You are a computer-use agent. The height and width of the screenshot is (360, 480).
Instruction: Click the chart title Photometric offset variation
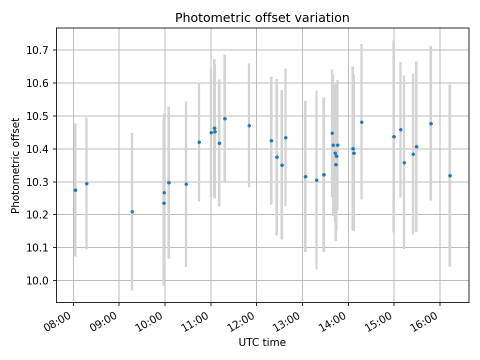pos(262,18)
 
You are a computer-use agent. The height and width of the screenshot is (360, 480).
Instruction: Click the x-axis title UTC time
pos(262,342)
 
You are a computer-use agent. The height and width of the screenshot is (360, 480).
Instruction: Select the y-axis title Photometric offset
pos(15,165)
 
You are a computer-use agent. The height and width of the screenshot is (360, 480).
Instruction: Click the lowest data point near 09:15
pos(132,211)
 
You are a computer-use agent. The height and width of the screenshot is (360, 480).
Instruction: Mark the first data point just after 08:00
pos(75,190)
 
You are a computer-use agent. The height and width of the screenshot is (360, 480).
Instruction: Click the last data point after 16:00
pos(450,175)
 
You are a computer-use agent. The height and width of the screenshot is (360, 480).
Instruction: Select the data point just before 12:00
pos(249,125)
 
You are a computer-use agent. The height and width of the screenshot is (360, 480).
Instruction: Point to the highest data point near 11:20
pos(224,118)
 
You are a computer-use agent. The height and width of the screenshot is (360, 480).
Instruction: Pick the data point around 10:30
pos(186,184)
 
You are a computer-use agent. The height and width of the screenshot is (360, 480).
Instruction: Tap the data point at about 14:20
pos(361,122)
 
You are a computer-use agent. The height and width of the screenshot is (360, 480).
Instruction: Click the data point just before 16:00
pos(430,123)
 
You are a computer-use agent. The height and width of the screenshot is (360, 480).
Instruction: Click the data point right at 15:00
pos(393,136)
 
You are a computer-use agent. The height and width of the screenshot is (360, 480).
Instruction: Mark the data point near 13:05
pos(305,176)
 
